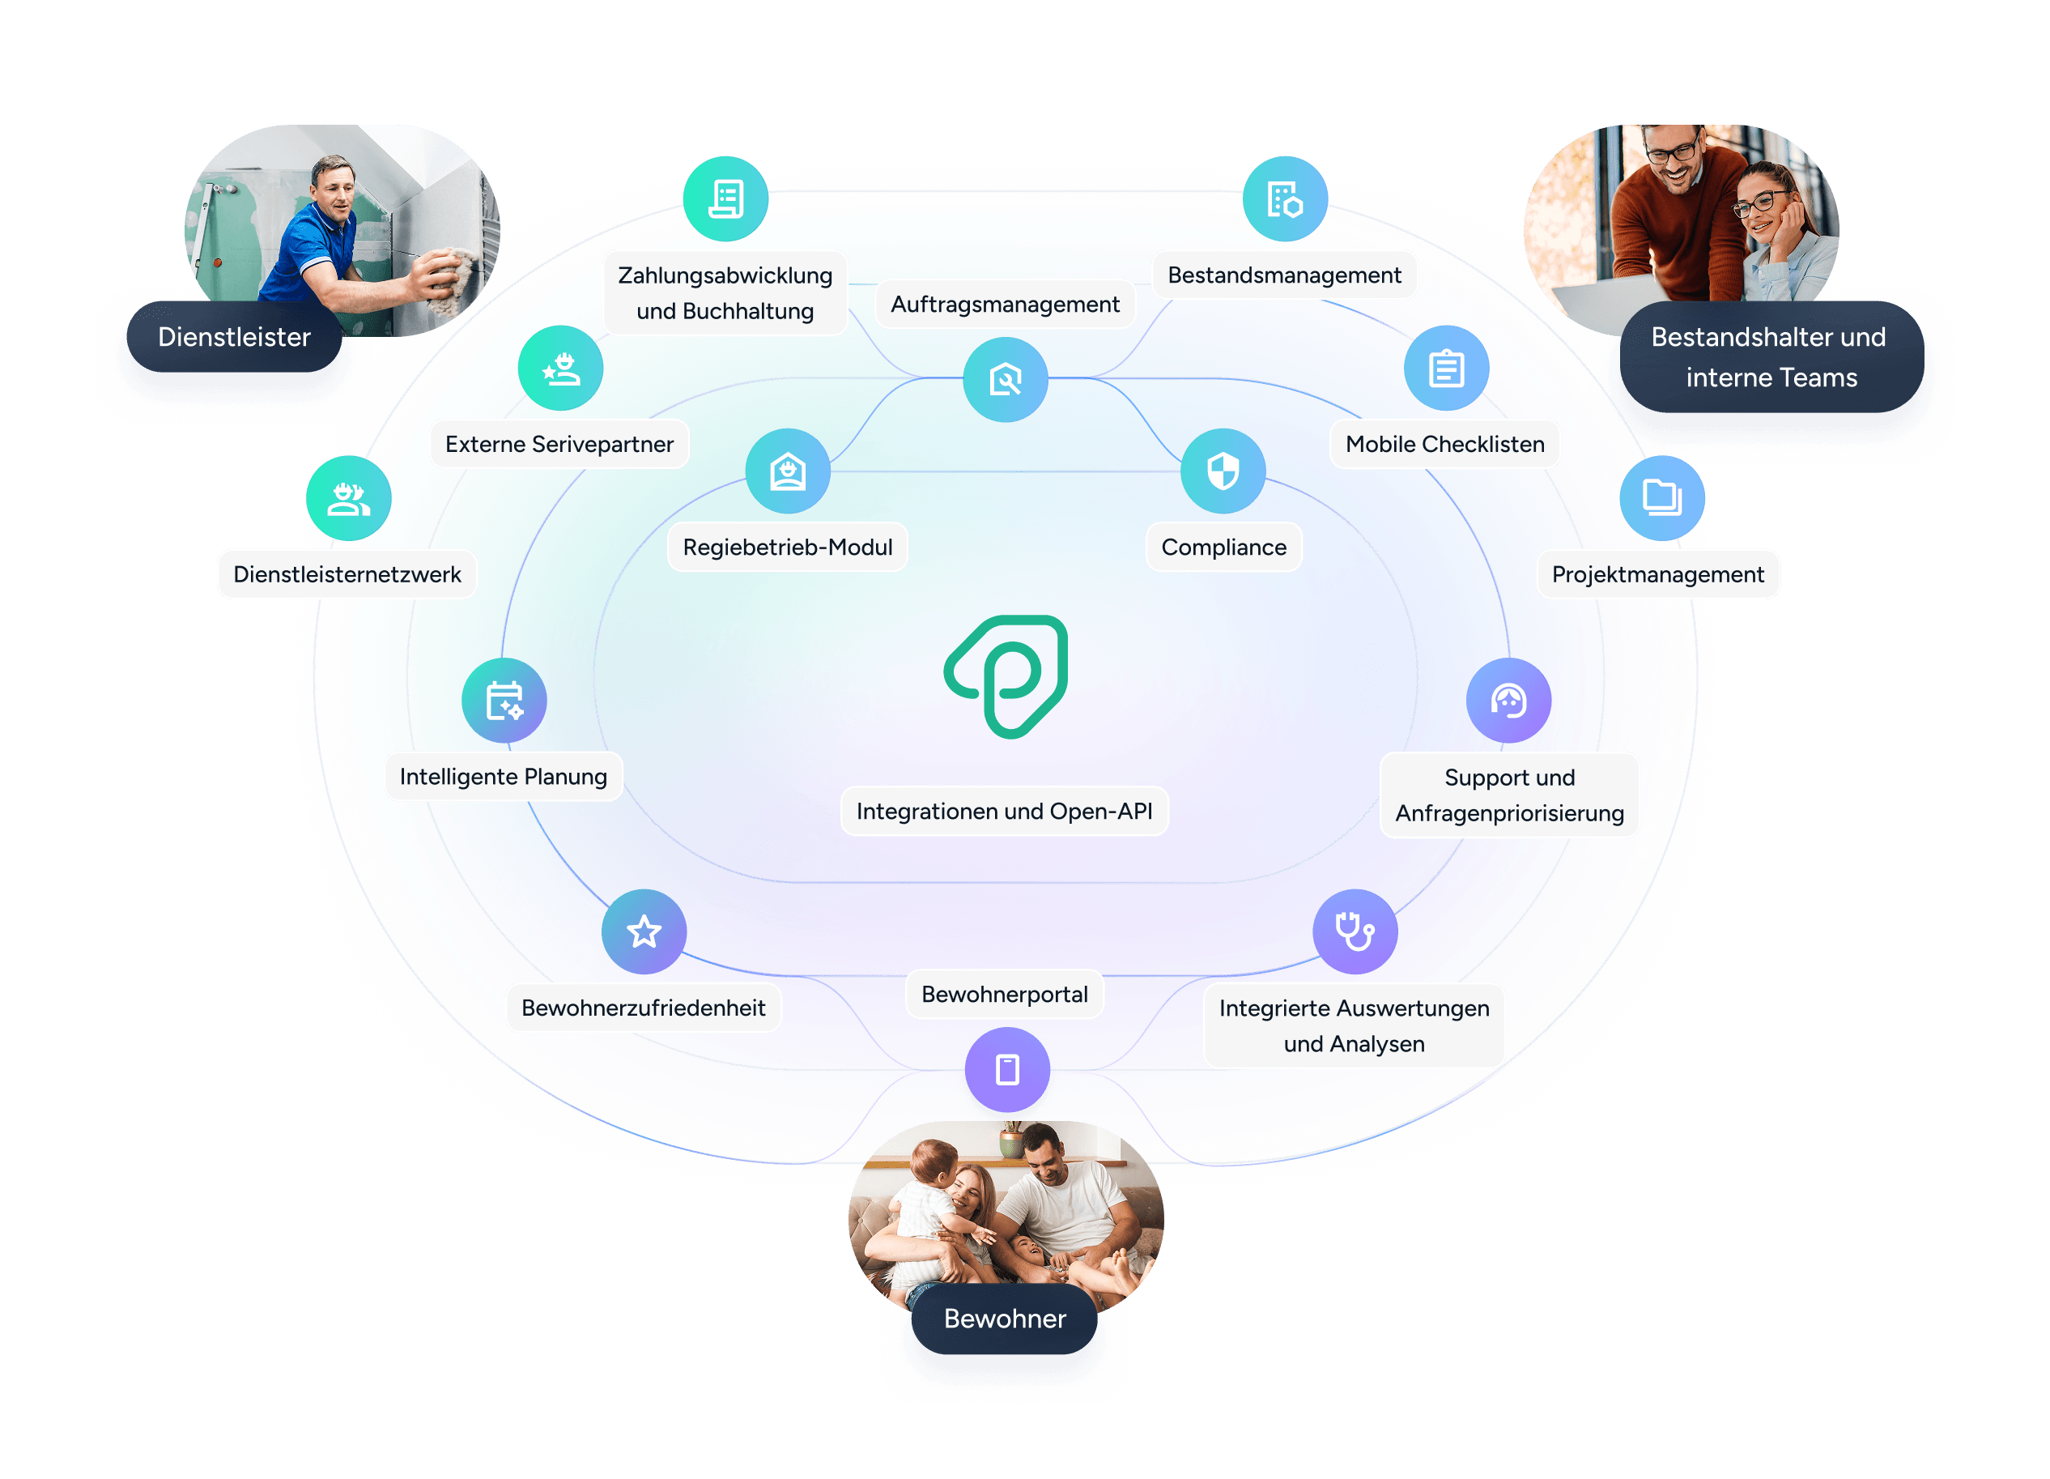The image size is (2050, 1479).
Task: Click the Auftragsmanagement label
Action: click(1004, 305)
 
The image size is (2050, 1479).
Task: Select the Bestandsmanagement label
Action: click(1283, 275)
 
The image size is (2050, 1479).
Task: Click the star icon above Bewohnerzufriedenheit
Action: click(644, 931)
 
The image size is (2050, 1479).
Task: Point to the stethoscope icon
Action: click(1354, 931)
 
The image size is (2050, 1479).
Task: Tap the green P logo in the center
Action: click(1006, 676)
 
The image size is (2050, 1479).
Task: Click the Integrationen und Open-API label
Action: click(1003, 811)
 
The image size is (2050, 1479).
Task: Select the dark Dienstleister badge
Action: click(234, 337)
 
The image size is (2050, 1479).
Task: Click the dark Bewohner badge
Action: click(1004, 1318)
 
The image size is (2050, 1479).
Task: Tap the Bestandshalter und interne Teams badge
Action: click(1770, 357)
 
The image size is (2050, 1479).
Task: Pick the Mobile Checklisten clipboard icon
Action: click(1445, 369)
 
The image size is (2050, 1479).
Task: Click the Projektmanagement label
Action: click(1657, 574)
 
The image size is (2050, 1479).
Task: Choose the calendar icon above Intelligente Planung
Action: click(504, 701)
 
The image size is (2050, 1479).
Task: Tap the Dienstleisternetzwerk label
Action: click(347, 574)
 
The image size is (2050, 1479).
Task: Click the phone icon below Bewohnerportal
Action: click(1007, 1069)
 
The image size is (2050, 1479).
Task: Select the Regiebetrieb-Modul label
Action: click(787, 547)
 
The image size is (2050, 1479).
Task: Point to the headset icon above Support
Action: click(1508, 701)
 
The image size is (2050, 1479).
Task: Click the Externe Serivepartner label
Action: click(559, 444)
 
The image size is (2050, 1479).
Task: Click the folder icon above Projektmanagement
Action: click(1661, 497)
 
